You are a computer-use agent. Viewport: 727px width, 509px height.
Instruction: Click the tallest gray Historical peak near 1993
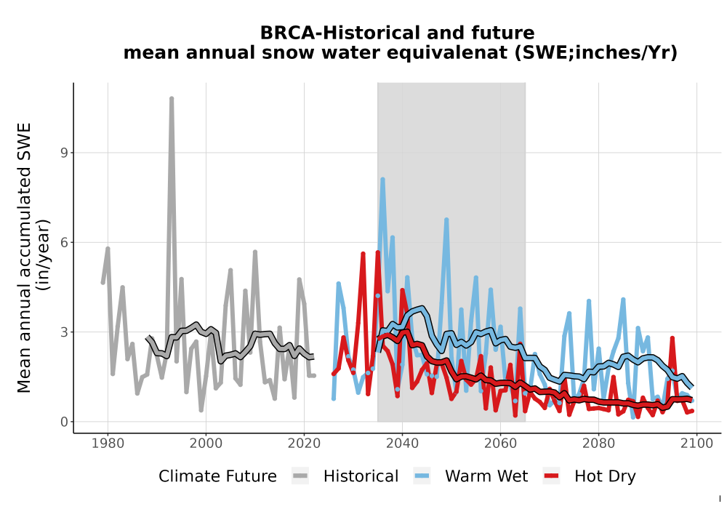pos(172,99)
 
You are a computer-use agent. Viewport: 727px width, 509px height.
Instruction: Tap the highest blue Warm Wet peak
pos(382,180)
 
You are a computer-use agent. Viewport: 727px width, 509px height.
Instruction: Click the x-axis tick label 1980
pos(108,444)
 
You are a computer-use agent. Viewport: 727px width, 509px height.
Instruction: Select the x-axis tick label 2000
pos(206,444)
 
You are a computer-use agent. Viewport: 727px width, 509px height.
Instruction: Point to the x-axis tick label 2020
pos(304,444)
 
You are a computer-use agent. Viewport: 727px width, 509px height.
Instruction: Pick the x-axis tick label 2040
pos(403,444)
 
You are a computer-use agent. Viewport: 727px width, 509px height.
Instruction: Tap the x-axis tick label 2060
pos(500,444)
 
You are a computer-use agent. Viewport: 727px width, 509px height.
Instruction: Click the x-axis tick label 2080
pos(598,444)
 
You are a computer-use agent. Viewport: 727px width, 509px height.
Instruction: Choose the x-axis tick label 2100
pos(696,444)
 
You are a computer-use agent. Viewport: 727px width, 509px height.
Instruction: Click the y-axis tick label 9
pos(64,153)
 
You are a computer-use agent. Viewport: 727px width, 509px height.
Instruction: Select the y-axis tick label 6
pos(64,242)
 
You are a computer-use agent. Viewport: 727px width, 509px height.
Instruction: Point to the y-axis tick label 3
pos(64,332)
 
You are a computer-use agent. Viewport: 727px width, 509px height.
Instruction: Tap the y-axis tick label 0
pos(64,422)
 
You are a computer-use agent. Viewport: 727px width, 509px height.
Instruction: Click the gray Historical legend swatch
pos(300,476)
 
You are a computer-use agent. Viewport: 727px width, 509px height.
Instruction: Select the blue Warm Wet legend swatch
pos(422,476)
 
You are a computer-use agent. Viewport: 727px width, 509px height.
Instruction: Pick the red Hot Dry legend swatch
pos(551,476)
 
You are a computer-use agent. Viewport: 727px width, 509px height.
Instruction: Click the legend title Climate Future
pos(217,476)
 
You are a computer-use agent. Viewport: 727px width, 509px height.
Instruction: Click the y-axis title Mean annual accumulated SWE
pos(24,257)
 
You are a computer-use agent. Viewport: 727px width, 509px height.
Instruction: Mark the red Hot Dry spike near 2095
pos(672,339)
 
